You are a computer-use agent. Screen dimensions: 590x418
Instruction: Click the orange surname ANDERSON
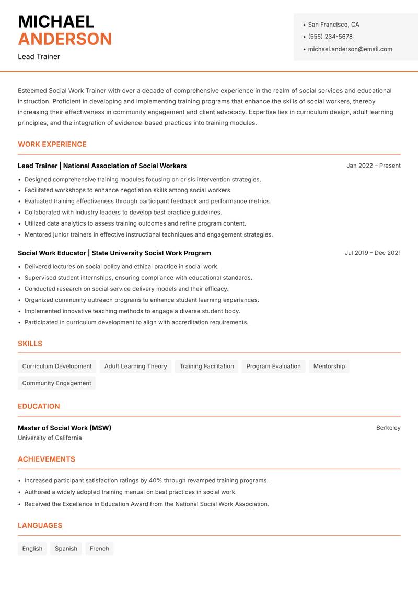coord(65,39)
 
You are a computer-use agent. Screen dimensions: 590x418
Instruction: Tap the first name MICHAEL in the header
coord(56,21)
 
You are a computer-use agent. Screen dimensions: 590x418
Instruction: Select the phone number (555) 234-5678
coord(330,37)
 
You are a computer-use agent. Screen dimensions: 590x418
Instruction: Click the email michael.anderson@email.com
coord(350,49)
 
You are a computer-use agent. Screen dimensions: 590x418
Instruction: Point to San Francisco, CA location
coord(333,25)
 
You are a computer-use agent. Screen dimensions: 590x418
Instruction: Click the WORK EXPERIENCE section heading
coord(52,144)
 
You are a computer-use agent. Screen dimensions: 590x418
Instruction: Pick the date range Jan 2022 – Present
coord(373,166)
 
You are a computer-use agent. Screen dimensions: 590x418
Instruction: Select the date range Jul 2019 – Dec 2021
coord(373,253)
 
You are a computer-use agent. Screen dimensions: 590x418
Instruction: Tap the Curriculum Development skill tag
coord(57,367)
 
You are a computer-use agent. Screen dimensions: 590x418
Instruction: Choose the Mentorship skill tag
coord(329,367)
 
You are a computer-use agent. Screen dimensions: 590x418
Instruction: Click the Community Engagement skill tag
coord(56,383)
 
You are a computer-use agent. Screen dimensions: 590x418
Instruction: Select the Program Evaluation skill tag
coord(273,367)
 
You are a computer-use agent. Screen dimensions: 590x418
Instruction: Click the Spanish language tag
coord(66,549)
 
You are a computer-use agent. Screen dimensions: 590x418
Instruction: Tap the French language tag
coord(99,549)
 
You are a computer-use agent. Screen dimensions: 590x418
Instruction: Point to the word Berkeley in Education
coord(388,428)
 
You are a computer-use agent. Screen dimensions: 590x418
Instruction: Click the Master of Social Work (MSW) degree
coord(64,428)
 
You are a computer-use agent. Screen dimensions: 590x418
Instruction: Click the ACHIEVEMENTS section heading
coord(47,459)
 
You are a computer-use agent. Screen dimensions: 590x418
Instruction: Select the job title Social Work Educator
coord(52,253)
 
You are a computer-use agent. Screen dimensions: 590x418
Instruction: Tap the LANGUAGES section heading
coord(40,526)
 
